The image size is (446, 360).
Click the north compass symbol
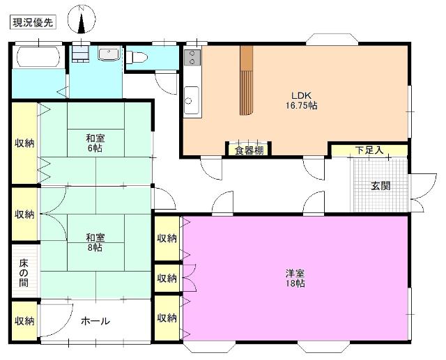82,20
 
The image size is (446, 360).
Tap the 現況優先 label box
33,22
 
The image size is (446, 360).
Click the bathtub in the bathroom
38,56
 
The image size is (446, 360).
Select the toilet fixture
137,57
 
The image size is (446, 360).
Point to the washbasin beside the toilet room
109,54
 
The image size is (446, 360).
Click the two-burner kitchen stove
192,58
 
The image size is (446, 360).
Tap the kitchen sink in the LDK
192,100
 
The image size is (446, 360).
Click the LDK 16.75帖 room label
302,100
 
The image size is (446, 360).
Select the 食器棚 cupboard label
249,150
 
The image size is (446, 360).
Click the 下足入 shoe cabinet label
369,150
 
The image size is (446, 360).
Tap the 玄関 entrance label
380,186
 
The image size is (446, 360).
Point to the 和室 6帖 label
95,143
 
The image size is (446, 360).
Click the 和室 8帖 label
95,242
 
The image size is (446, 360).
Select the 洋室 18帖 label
295,278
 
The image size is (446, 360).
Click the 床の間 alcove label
24,273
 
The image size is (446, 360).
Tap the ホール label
95,321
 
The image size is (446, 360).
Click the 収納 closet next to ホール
24,321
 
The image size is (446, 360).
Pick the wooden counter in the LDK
246,80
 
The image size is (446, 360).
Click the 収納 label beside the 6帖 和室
24,143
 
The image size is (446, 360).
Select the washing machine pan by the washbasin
81,54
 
